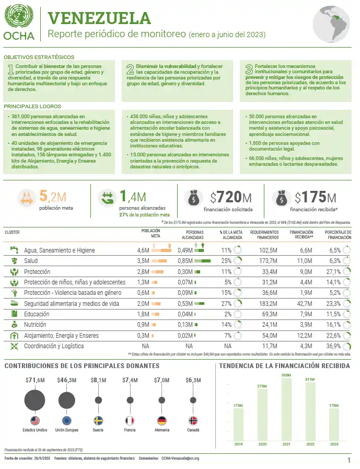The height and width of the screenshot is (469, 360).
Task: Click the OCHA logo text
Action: (19, 36)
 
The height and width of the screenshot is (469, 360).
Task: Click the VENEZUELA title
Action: (99, 18)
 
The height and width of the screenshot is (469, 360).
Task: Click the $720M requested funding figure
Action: (230, 197)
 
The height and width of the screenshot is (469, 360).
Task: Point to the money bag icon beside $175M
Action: (282, 198)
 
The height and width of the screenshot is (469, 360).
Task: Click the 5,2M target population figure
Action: (52, 197)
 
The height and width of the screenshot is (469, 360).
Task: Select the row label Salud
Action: (30, 260)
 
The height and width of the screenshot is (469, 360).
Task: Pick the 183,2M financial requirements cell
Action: (266, 303)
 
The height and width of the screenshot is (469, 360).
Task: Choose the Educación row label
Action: (37, 314)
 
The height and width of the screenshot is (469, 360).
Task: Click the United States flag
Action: (35, 420)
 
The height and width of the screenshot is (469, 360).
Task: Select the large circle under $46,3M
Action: (66, 401)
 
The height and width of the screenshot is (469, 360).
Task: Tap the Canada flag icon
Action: (193, 420)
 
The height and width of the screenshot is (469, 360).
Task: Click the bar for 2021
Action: (286, 409)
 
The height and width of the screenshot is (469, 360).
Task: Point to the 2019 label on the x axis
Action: (238, 444)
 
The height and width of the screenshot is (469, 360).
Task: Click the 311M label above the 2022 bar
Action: (310, 379)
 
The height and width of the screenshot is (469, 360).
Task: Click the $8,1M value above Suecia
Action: (98, 380)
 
